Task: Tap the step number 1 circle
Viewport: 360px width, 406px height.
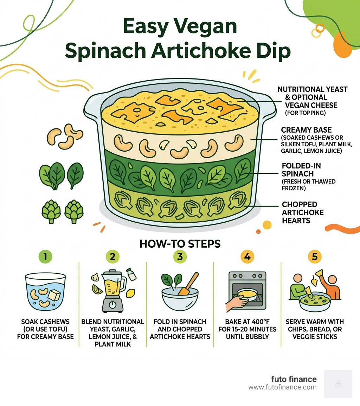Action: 45,257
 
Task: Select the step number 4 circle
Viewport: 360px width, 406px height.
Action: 247,257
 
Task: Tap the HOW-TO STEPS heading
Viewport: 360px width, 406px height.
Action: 180,243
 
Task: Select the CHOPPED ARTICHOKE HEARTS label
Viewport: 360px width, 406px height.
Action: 299,212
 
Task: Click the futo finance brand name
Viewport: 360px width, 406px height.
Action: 294,379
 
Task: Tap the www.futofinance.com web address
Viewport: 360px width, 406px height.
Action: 282,387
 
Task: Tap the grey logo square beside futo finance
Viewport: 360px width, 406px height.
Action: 338,384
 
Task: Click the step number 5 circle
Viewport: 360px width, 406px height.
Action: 314,257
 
